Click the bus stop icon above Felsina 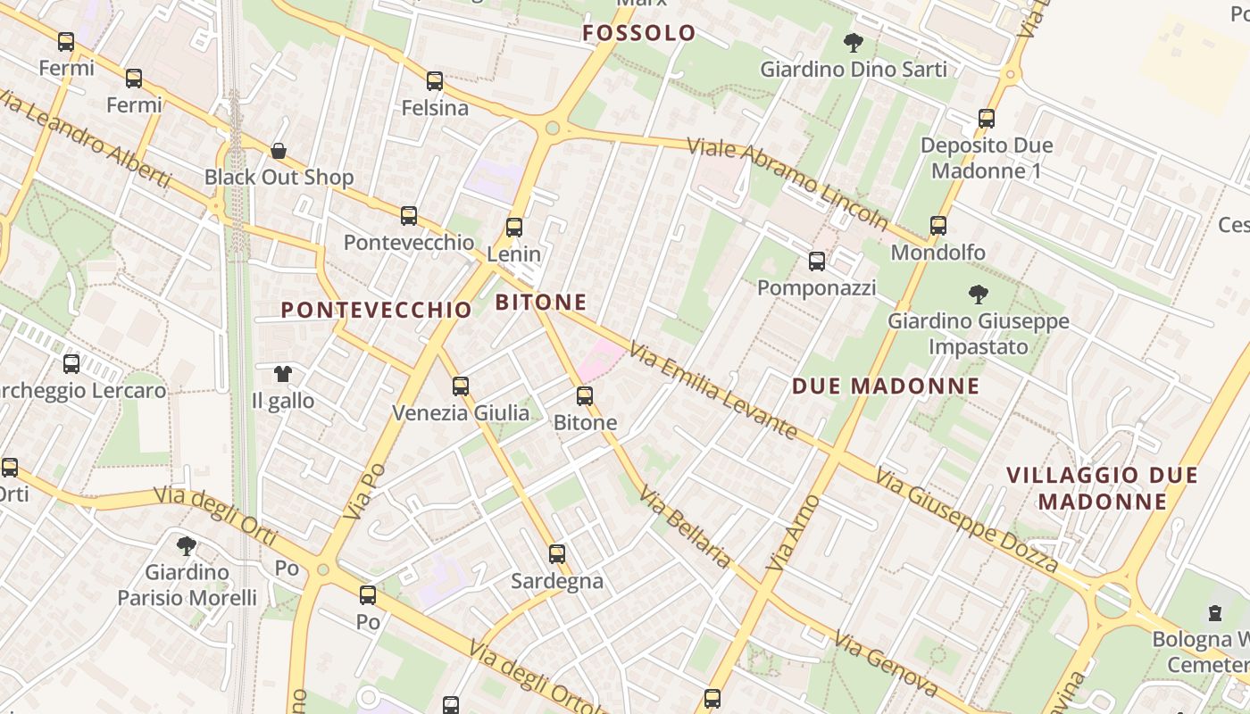point(435,81)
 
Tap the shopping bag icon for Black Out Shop point(279,151)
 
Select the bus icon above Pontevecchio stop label point(409,215)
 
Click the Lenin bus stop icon point(513,227)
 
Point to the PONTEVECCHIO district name point(376,310)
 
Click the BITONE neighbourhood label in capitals point(541,302)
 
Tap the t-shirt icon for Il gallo point(283,374)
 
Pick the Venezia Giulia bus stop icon point(461,386)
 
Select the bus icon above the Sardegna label point(557,554)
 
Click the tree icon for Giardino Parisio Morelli point(187,545)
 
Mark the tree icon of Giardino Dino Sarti point(854,42)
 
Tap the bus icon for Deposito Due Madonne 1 point(987,118)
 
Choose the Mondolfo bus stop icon point(938,226)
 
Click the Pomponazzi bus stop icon point(817,261)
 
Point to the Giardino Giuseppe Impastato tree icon point(979,294)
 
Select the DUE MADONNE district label point(886,386)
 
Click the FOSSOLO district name point(638,33)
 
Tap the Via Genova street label point(886,663)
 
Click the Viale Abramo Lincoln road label point(787,184)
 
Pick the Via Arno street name point(792,533)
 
